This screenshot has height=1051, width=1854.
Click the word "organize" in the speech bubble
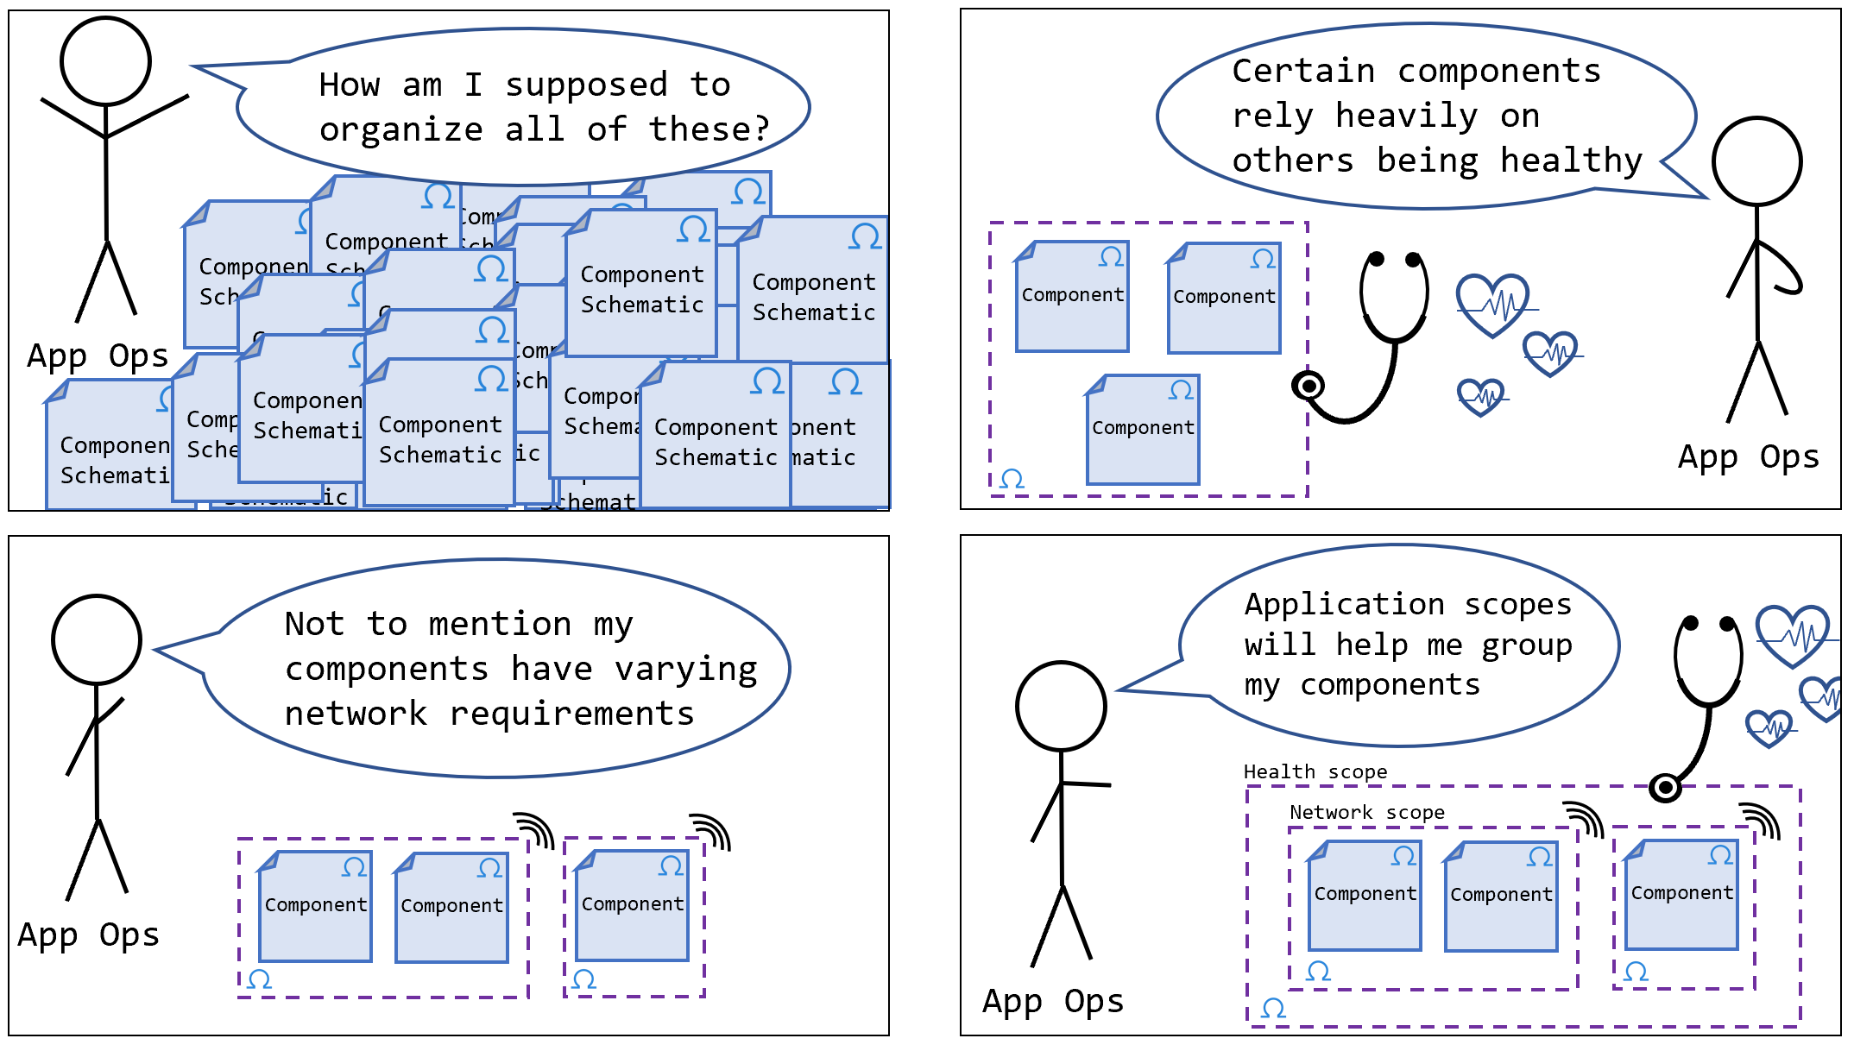pyautogui.click(x=400, y=130)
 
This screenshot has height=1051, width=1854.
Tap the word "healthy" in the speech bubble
pyautogui.click(x=1571, y=161)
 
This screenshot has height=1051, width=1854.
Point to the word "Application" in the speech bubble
pyautogui.click(x=1344, y=604)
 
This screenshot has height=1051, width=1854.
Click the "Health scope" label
pyautogui.click(x=1315, y=771)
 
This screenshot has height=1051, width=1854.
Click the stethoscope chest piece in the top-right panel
pyautogui.click(x=1309, y=385)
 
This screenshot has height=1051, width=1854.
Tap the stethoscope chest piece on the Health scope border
pyautogui.click(x=1665, y=787)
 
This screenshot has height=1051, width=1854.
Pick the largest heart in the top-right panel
pyautogui.click(x=1492, y=305)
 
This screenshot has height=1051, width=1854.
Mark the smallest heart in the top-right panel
pyautogui.click(x=1481, y=397)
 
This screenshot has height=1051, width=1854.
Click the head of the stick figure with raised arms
pyautogui.click(x=106, y=61)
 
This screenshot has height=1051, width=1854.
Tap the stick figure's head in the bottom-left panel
pyautogui.click(x=97, y=639)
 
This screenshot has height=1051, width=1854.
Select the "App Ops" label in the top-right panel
pyautogui.click(x=1748, y=457)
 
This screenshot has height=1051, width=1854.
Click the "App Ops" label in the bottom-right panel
pyautogui.click(x=1053, y=1002)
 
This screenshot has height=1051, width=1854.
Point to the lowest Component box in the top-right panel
pyautogui.click(x=1143, y=429)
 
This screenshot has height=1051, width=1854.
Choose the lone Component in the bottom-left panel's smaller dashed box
pyautogui.click(x=633, y=904)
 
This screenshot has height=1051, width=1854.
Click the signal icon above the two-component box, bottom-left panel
pyautogui.click(x=535, y=830)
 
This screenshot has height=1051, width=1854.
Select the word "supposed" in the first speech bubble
pyautogui.click(x=586, y=85)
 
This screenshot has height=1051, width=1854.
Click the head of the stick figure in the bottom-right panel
pyautogui.click(x=1061, y=706)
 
